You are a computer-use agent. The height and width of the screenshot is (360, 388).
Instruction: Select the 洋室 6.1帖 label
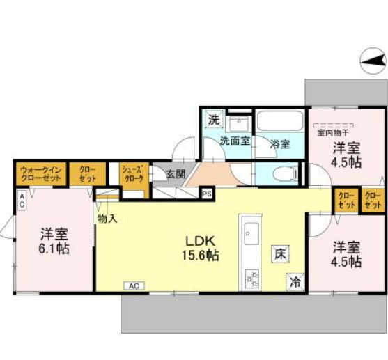(x=54, y=240)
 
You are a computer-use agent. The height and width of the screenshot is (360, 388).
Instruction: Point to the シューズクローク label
(x=132, y=173)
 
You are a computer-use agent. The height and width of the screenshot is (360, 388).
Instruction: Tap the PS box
(x=207, y=194)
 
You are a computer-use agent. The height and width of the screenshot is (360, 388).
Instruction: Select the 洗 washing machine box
(x=213, y=119)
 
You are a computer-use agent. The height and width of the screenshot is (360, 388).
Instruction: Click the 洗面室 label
(x=235, y=141)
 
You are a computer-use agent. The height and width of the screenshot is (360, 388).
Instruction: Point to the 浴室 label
(x=280, y=144)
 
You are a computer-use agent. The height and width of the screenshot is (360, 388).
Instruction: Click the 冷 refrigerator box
(x=295, y=282)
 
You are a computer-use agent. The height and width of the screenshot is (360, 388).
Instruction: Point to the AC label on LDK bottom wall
(x=134, y=285)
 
